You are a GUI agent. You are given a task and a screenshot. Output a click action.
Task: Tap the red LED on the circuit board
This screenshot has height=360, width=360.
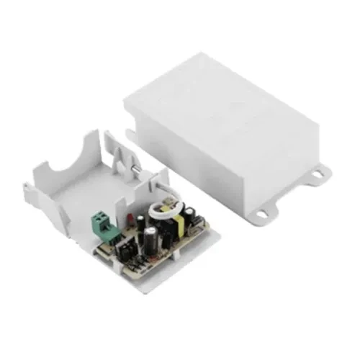click(x=129, y=217)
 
